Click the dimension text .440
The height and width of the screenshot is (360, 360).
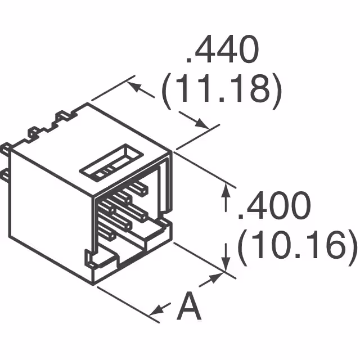[222, 52]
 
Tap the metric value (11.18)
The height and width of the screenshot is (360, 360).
[221, 92]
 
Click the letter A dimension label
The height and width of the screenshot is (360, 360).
[190, 308]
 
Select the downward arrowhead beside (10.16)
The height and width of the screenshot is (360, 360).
[226, 262]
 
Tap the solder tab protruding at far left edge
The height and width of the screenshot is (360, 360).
[5, 149]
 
